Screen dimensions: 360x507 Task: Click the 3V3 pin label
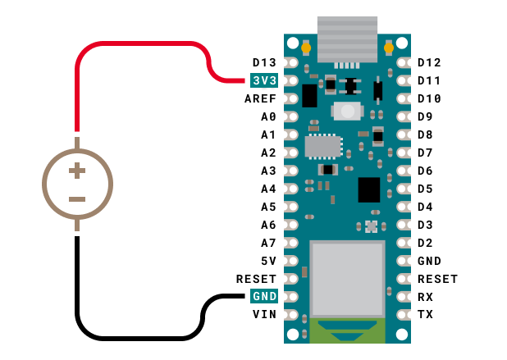pyautogui.click(x=264, y=80)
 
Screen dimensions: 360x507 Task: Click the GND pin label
pyautogui.click(x=264, y=296)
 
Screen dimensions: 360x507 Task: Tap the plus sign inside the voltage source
pyautogui.click(x=77, y=171)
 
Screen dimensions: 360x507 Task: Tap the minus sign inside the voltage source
pyautogui.click(x=77, y=199)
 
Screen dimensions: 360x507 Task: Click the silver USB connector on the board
pyautogui.click(x=347, y=38)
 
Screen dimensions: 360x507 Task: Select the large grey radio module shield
pyautogui.click(x=347, y=277)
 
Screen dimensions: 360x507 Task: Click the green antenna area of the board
pyautogui.click(x=347, y=330)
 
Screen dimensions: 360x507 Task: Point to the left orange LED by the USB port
pyautogui.click(x=306, y=48)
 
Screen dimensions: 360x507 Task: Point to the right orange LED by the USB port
pyautogui.click(x=389, y=48)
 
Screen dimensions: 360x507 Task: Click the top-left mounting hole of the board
pyautogui.click(x=293, y=43)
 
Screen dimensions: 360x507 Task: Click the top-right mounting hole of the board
pyautogui.click(x=401, y=43)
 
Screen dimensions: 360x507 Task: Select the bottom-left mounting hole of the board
pyautogui.click(x=293, y=334)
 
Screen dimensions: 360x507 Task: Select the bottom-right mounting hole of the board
pyautogui.click(x=401, y=334)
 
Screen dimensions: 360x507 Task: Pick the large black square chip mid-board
pyautogui.click(x=369, y=189)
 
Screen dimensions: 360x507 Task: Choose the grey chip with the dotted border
pyautogui.click(x=323, y=146)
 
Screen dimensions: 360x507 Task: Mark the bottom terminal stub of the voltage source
pyautogui.click(x=77, y=225)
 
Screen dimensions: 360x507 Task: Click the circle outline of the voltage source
pyautogui.click(x=44, y=185)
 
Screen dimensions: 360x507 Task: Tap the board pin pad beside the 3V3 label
pyautogui.click(x=291, y=80)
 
